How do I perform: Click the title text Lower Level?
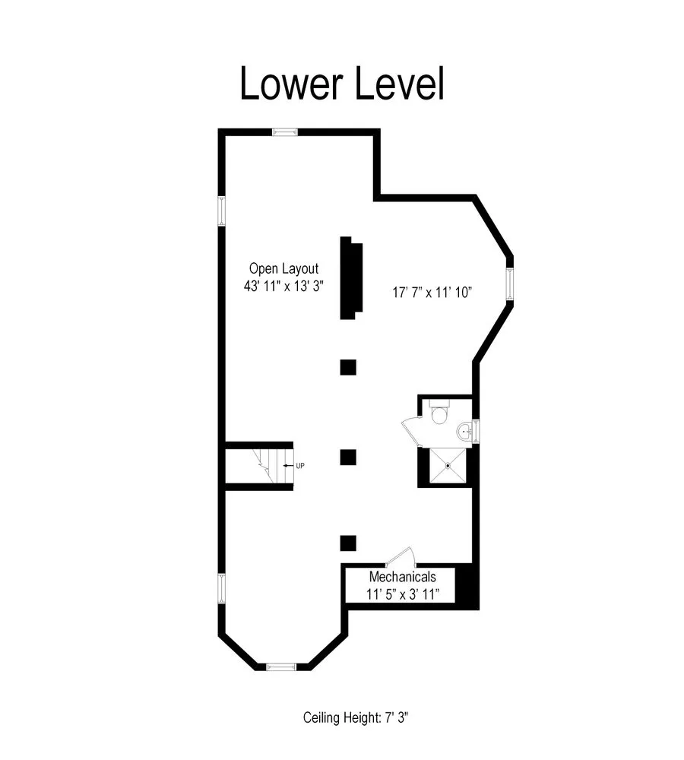tap(341, 84)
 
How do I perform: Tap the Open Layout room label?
tap(283, 268)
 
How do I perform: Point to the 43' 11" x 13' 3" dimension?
tap(283, 288)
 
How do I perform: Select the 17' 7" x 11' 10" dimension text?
tap(432, 293)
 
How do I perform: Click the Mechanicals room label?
tap(402, 577)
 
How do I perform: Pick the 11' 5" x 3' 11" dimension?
tap(402, 594)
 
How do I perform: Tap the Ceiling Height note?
tap(357, 717)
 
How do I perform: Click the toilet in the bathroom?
tap(440, 414)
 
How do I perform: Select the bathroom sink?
tap(464, 432)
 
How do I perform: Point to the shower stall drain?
tap(448, 465)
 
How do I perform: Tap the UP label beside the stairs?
tap(299, 466)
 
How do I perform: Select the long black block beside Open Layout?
tap(350, 278)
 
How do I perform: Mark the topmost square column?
tap(348, 367)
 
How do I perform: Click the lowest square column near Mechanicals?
tap(348, 543)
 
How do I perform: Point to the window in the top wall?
tap(285, 132)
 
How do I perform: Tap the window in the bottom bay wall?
tap(280, 667)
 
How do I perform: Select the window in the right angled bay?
tap(509, 283)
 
